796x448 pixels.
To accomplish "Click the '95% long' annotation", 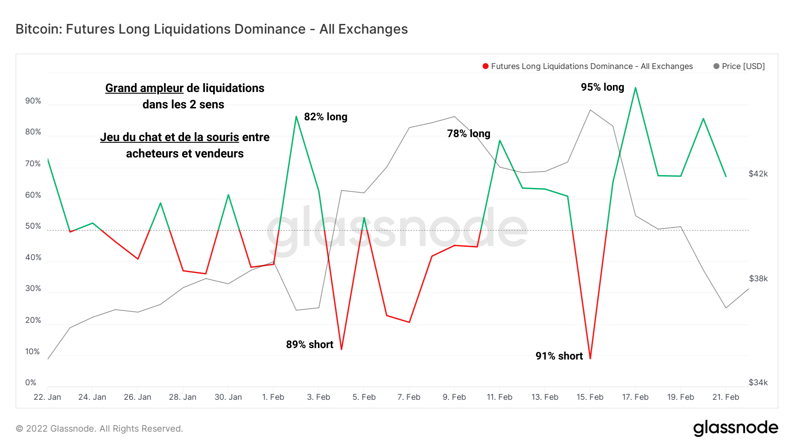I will [x=602, y=87].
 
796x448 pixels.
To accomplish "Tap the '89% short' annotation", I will [x=310, y=345].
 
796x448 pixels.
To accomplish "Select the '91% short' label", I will [x=559, y=356].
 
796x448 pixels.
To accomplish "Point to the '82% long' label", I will [x=325, y=117].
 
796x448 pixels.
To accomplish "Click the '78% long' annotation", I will [x=468, y=134].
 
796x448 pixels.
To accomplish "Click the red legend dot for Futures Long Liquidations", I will [x=486, y=66].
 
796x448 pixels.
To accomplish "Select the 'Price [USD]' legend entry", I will [x=743, y=66].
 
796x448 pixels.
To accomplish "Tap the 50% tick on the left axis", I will [x=33, y=226].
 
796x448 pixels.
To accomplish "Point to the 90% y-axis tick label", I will [x=33, y=101].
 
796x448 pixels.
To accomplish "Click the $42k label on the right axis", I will [x=758, y=174].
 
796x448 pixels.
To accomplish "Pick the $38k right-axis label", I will [x=758, y=279].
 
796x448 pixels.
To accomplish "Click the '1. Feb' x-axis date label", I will [x=273, y=397].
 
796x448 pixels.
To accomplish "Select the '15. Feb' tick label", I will [x=589, y=397].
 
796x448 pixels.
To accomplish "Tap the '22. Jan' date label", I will [x=47, y=397].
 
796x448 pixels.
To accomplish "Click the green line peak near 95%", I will [x=635, y=88].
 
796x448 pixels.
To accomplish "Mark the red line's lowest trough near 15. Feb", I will [x=590, y=357].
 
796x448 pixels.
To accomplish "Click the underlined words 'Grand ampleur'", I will [x=144, y=88].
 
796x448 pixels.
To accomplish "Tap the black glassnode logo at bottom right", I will [x=735, y=428].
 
